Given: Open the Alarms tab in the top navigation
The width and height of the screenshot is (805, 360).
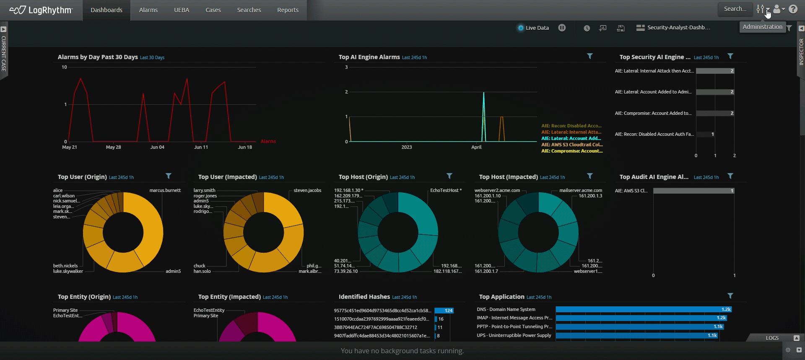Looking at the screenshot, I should coord(148,10).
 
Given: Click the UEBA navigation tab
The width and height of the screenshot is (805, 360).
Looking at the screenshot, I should coord(182,10).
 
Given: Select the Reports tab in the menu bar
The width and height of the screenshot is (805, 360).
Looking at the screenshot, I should coord(288,10).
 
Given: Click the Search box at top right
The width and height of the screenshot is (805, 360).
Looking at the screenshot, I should coord(735,9).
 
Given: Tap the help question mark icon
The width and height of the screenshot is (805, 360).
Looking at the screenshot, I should coord(793,9).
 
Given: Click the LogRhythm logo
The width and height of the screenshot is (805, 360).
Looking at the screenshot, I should coord(41,10).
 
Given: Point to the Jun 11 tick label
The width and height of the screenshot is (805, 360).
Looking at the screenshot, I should coord(201,147).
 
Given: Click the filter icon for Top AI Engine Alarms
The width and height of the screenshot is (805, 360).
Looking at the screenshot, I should coord(589,56).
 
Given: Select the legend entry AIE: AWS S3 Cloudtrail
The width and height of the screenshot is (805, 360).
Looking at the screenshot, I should coord(572,145).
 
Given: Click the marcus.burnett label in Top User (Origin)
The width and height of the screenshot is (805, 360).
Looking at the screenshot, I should coord(165,190).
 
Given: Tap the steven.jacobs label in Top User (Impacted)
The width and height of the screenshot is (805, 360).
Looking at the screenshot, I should coord(307,190).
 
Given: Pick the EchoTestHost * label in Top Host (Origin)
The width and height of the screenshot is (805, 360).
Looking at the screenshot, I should coord(446,190).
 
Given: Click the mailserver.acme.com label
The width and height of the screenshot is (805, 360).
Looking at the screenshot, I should coord(580,190).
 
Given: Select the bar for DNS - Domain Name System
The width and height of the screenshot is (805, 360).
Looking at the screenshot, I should coord(643,309).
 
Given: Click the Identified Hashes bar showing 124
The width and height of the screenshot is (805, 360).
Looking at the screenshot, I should coord(444,311).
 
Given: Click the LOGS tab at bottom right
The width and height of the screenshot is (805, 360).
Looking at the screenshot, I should coord(772,338).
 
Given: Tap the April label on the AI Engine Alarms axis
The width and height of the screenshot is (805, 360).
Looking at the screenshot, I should coord(476,147).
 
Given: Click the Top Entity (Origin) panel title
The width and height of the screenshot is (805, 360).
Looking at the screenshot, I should coord(84,297).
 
